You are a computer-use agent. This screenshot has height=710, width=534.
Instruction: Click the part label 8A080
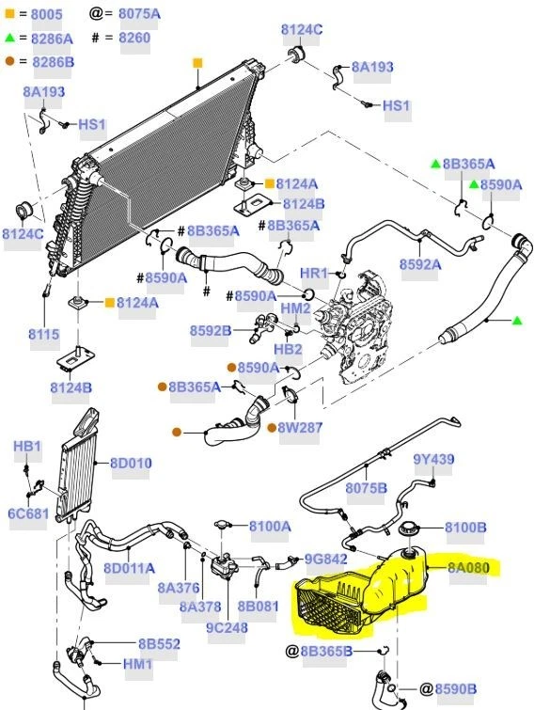point(468,567)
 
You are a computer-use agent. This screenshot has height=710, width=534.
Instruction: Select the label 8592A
point(419,265)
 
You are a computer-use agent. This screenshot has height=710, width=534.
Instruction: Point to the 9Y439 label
point(433,460)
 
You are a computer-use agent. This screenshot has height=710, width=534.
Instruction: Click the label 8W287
point(300,428)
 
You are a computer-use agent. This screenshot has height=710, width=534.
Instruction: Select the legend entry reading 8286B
point(54,62)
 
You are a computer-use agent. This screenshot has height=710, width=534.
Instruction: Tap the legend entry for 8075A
point(138,13)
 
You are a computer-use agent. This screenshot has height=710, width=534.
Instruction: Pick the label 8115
point(42,333)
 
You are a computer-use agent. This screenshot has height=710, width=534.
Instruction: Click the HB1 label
point(27,445)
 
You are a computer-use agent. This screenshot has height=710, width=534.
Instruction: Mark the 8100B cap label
point(464,528)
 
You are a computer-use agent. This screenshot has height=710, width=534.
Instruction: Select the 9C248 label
point(226,627)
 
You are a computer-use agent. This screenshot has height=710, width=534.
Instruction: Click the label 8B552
point(159,643)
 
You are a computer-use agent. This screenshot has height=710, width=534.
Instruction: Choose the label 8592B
point(210,331)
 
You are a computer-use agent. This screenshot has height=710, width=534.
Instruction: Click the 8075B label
point(366,488)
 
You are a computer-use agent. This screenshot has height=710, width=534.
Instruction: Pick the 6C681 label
point(27,513)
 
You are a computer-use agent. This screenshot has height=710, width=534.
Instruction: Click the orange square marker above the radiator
point(197,63)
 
